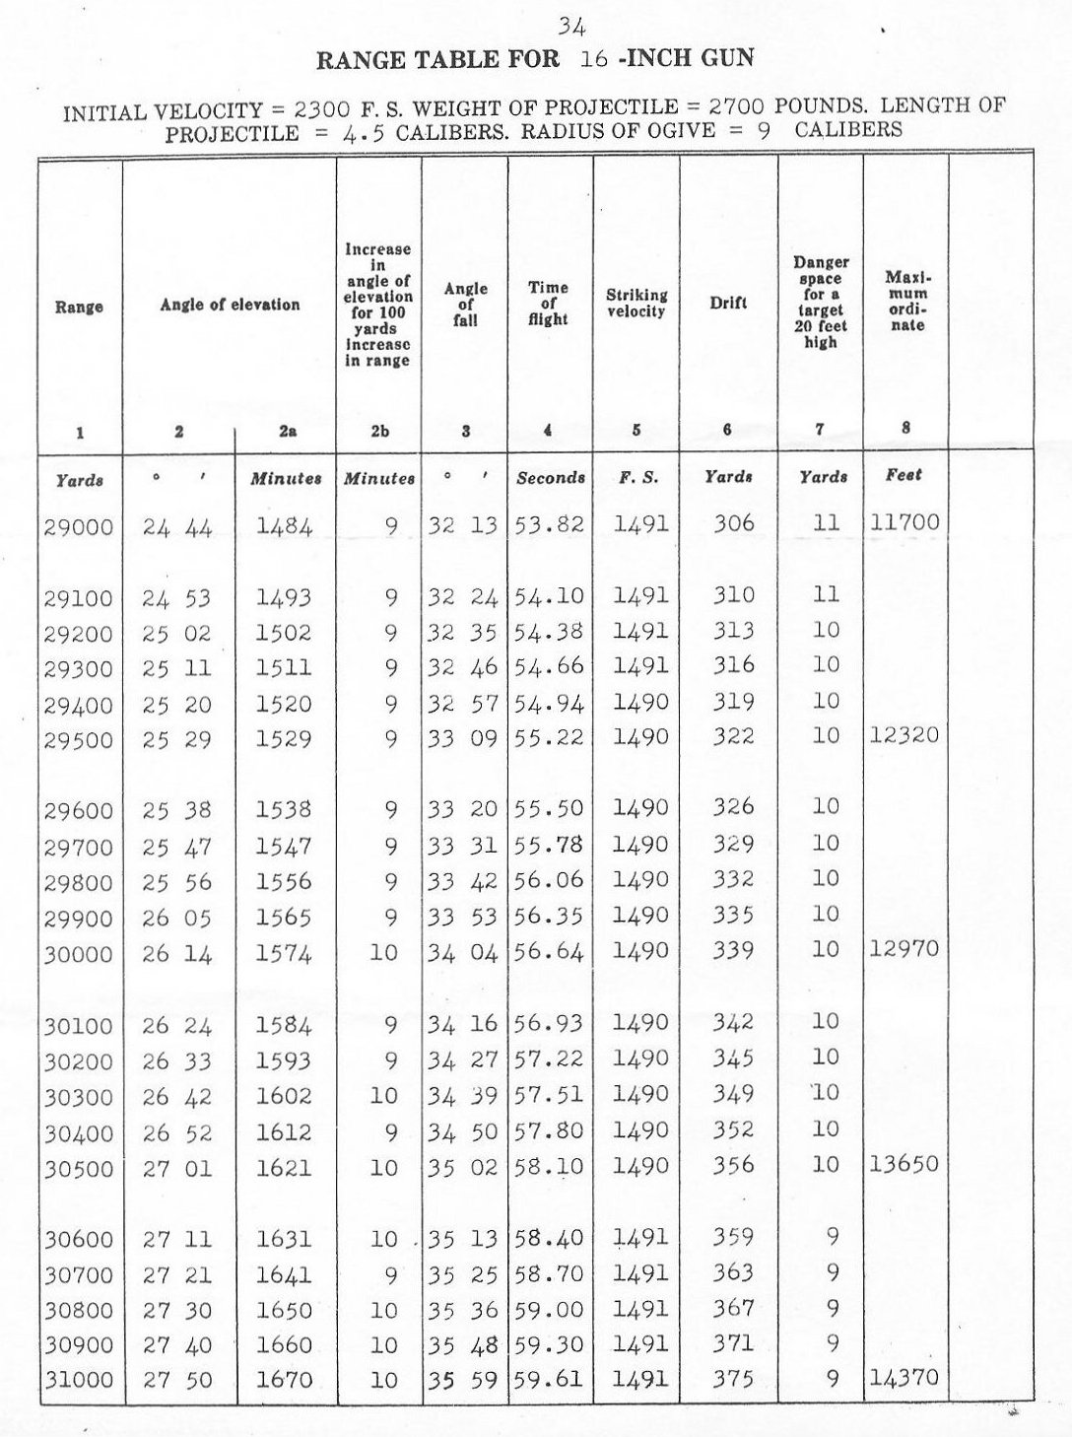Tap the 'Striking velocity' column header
(x=636, y=303)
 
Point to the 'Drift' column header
(x=728, y=304)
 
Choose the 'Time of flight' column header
(x=548, y=303)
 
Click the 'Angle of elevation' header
(x=230, y=305)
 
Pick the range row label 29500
(x=79, y=740)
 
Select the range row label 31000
(x=79, y=1381)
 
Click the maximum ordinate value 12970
(x=904, y=949)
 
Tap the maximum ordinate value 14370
(x=904, y=1378)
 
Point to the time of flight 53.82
(x=550, y=524)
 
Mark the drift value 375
(x=733, y=1379)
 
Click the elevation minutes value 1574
(x=284, y=953)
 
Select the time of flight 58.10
(x=550, y=1167)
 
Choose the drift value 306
(x=733, y=523)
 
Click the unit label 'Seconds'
(x=551, y=478)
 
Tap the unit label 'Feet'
(x=904, y=475)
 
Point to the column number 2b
(x=378, y=431)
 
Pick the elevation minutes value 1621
(x=284, y=1168)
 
